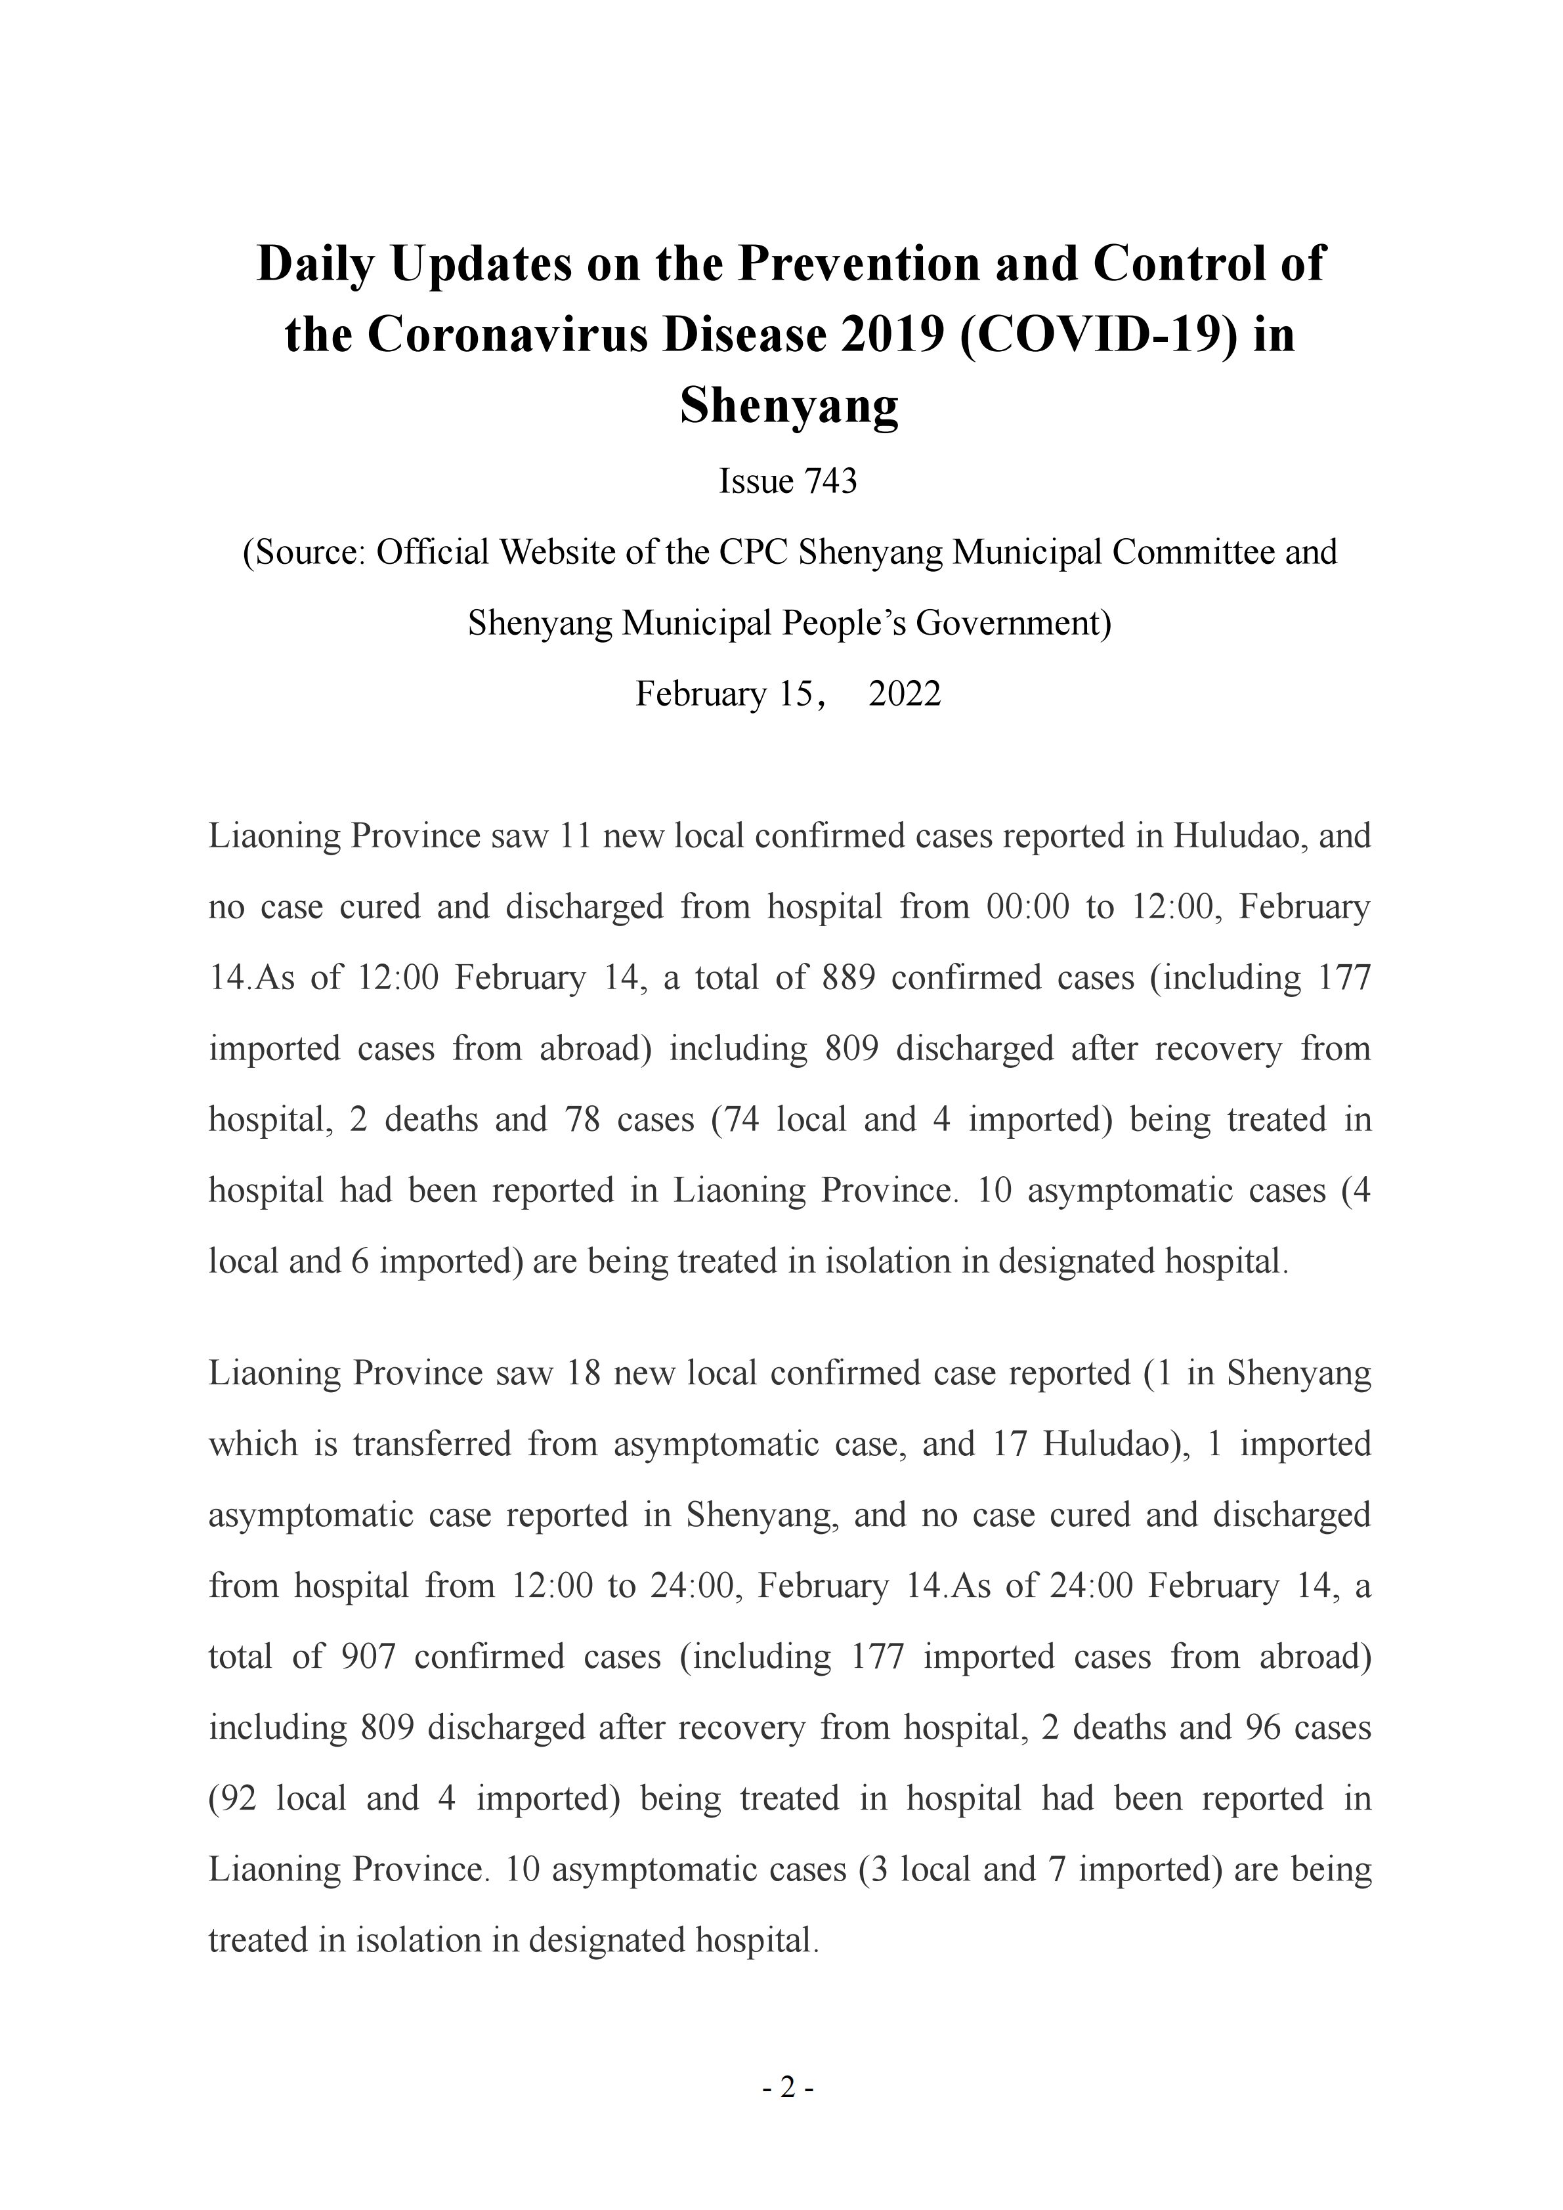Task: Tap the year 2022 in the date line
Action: pyautogui.click(x=904, y=694)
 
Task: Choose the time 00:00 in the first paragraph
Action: pyautogui.click(x=1028, y=906)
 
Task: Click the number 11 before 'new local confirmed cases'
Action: pyautogui.click(x=574, y=836)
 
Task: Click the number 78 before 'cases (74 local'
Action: pyautogui.click(x=582, y=1119)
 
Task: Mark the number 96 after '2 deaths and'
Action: pyautogui.click(x=1264, y=1728)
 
